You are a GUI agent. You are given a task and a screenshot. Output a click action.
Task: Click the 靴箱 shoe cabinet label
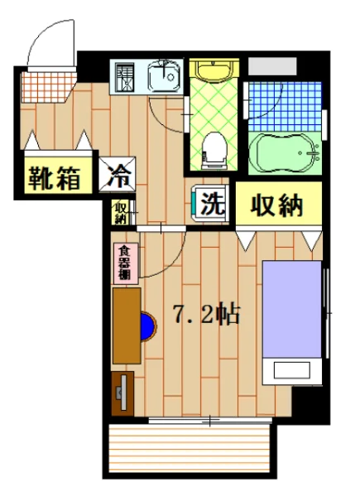pyautogui.click(x=56, y=176)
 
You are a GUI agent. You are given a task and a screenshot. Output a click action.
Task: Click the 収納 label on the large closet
pyautogui.click(x=276, y=205)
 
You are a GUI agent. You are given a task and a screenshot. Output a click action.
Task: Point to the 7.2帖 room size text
pyautogui.click(x=207, y=314)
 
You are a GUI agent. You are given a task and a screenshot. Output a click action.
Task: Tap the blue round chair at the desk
pyautogui.click(x=147, y=326)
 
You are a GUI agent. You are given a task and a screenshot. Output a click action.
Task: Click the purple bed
pyautogui.click(x=291, y=308)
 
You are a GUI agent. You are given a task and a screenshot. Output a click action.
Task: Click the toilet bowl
pyautogui.click(x=215, y=150)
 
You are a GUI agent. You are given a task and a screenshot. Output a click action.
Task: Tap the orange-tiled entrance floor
pyautogui.click(x=47, y=83)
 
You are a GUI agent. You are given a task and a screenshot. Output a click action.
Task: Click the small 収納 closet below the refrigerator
pyautogui.click(x=121, y=213)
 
